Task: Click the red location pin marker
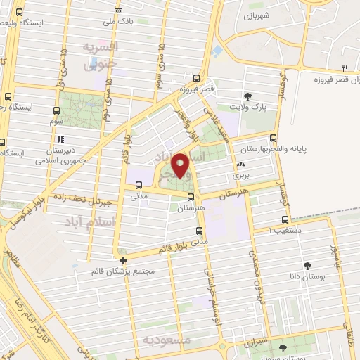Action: point(181,165)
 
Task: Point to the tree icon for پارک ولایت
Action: point(247,96)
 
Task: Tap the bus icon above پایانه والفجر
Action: point(273,139)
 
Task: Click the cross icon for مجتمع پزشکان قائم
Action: point(124,260)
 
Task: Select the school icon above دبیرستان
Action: point(60,139)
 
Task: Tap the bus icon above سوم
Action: point(56,110)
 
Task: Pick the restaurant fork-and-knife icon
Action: point(345,68)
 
